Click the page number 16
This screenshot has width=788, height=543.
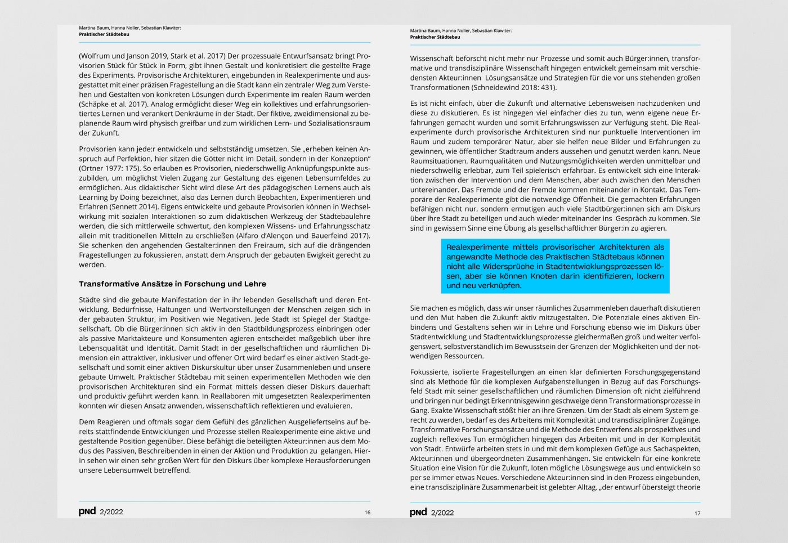(x=368, y=512)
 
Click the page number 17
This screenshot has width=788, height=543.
(x=697, y=513)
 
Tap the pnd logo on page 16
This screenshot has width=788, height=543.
(x=87, y=511)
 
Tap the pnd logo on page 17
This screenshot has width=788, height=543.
(x=418, y=512)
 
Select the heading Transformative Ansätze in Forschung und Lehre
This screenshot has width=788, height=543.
(x=172, y=284)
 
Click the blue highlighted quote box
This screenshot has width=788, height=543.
(x=555, y=266)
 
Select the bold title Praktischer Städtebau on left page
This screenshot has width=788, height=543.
(x=104, y=34)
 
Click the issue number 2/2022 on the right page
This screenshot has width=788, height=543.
(x=442, y=513)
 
